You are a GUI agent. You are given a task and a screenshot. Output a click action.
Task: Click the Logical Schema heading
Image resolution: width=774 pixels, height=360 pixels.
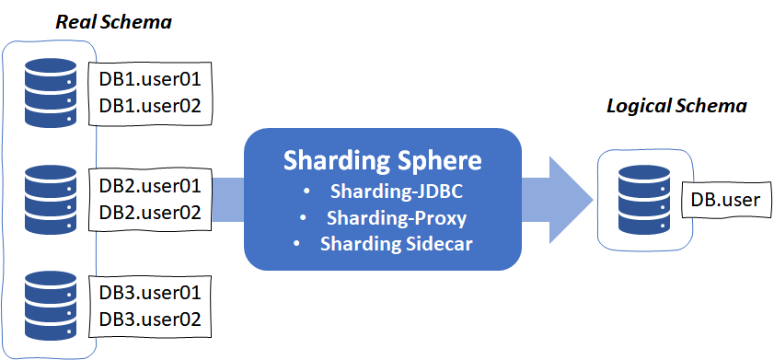tap(676, 106)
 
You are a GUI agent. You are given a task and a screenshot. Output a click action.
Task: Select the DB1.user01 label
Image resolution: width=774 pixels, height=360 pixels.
tap(150, 80)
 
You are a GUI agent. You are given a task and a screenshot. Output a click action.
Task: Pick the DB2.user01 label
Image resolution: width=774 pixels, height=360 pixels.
tap(150, 186)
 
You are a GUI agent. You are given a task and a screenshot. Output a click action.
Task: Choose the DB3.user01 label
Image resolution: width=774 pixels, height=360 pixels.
tap(150, 296)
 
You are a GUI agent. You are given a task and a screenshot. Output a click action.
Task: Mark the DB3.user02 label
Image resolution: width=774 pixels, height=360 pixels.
tap(150, 319)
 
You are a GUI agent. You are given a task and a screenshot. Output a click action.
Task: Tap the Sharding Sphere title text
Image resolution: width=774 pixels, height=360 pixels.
tap(382, 161)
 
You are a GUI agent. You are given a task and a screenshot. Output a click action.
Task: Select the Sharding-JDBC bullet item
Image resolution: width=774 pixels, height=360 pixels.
tap(394, 194)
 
